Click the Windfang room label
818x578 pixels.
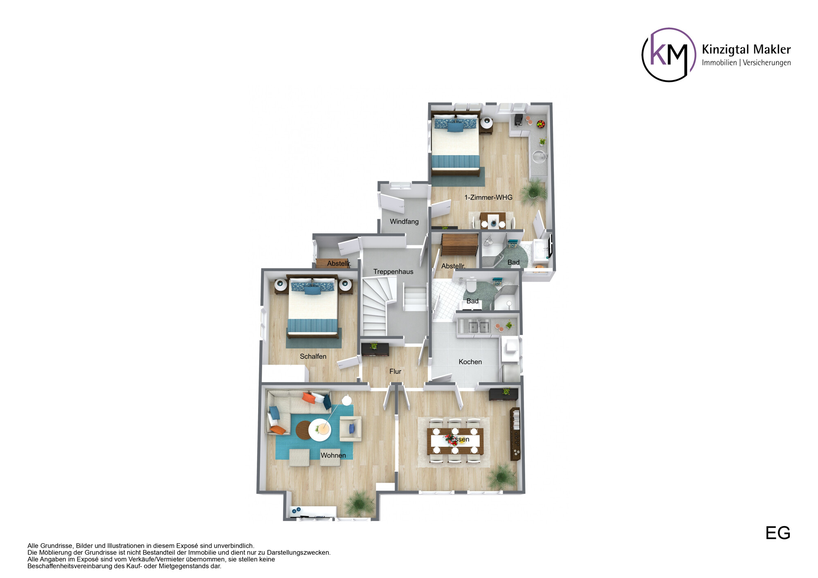pos(404,222)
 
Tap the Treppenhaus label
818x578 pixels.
pos(393,272)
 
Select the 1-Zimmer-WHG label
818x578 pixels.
pos(488,198)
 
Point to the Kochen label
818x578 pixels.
pos(470,362)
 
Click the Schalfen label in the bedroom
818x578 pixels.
pos(313,357)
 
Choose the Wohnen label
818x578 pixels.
pos(333,456)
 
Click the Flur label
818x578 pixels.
pos(395,371)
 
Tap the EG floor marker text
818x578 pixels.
pos(778,533)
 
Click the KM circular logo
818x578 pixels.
pos(669,55)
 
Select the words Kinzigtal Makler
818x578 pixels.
pos(746,49)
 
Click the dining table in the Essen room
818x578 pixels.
pos(455,441)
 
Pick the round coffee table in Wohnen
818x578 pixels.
pos(320,430)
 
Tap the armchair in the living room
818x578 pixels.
pos(351,429)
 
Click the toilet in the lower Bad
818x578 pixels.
pos(471,285)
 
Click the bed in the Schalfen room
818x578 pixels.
pos(313,307)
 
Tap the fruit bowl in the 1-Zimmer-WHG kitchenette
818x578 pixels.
pos(541,124)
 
